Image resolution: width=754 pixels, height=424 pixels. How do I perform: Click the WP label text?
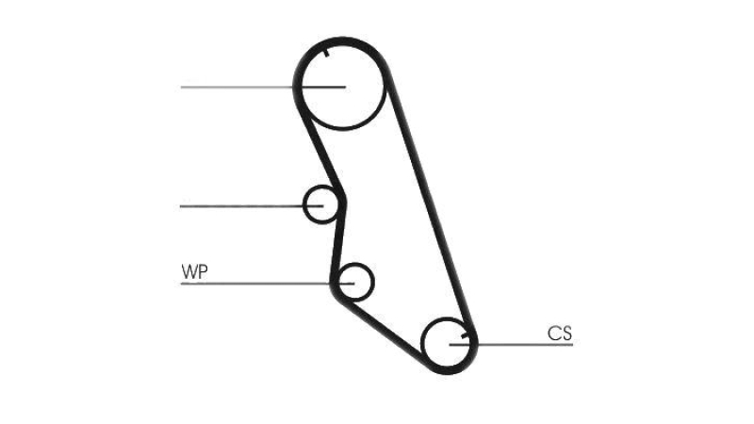194,272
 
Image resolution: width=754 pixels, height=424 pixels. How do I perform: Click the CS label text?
560,334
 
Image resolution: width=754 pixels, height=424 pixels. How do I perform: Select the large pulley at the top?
343,87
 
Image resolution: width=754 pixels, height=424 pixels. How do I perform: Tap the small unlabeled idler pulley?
320,204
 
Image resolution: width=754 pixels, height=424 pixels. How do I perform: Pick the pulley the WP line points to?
355,282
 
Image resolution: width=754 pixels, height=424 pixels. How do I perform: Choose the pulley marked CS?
447,343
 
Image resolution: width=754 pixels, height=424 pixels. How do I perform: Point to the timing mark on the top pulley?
326,53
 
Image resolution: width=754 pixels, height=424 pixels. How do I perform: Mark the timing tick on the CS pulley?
465,334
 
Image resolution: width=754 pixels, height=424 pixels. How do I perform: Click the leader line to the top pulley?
263,87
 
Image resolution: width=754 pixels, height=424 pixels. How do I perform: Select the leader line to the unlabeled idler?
252,206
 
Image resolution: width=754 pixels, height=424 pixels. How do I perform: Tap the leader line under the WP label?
268,284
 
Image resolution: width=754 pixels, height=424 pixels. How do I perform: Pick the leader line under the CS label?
511,344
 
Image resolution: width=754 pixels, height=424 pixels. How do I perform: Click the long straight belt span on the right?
431,202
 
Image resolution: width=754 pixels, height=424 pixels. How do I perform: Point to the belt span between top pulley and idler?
320,149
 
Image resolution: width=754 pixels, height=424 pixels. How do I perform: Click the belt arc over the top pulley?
342,41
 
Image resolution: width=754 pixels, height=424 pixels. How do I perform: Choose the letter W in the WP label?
188,272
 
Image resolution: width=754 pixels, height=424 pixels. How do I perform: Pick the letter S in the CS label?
566,334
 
